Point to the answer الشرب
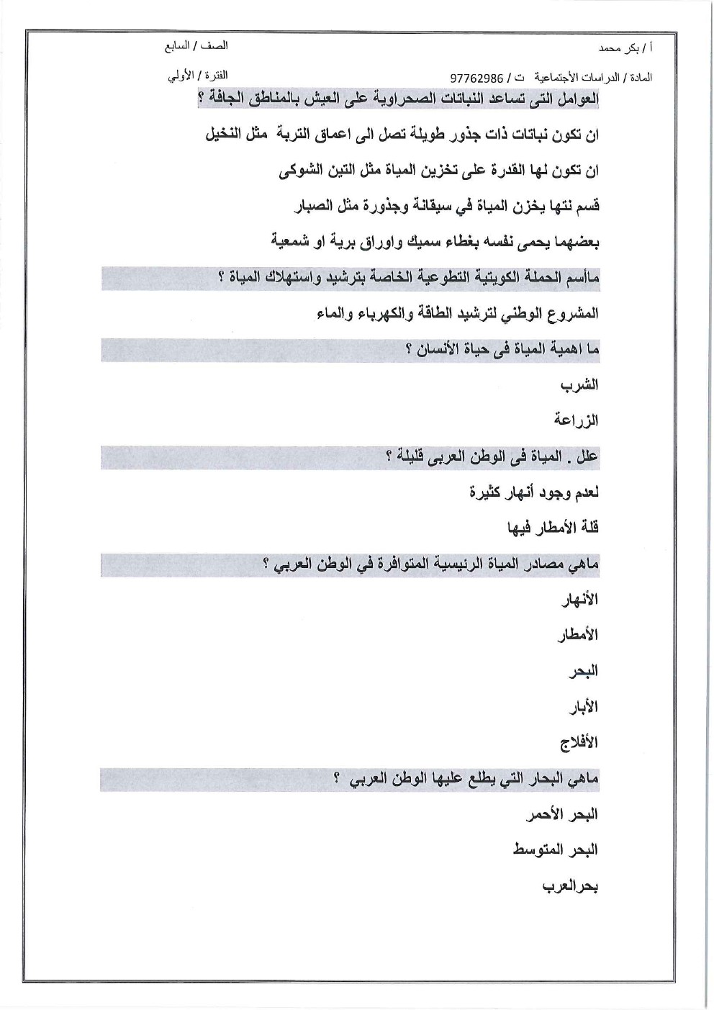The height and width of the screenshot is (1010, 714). pos(579,385)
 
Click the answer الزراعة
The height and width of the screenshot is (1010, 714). pos(576,420)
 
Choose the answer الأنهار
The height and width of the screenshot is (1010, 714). pos(579,600)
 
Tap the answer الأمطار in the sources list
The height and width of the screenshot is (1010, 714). pos(578,635)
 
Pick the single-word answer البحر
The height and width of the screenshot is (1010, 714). pos(583,671)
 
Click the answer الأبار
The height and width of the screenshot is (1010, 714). pos(583,707)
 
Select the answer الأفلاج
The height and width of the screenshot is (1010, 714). pos(579,742)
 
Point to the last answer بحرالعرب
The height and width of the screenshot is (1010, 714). pos(570,886)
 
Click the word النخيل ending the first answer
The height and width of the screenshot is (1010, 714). pos(222,135)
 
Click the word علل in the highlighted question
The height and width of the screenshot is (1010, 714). pos(587,457)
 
